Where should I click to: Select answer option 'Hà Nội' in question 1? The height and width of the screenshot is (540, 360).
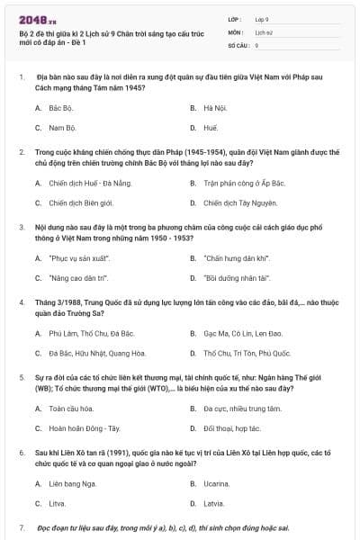click(214, 107)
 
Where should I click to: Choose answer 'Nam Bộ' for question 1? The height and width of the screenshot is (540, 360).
click(63, 128)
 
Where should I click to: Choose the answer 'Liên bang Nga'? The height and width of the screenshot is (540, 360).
click(72, 483)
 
